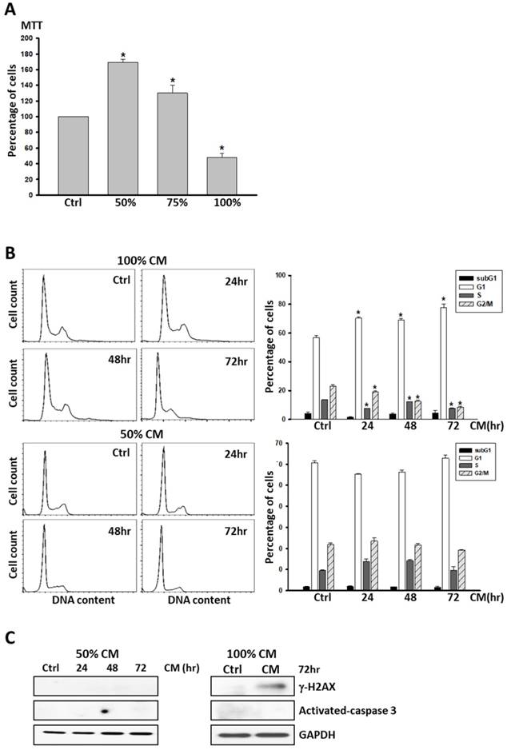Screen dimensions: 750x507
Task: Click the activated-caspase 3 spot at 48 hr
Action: point(104,710)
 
